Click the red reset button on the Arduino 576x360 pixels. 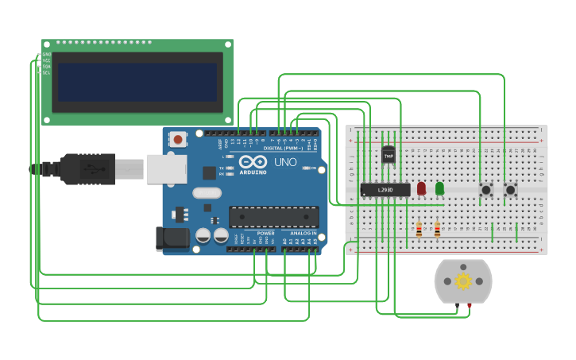click(178, 139)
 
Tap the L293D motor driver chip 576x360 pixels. click(385, 190)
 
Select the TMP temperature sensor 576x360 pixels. click(389, 155)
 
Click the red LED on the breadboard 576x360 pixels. click(421, 188)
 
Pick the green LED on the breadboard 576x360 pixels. click(439, 188)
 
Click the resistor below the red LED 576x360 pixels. click(419, 229)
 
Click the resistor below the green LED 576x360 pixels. click(437, 229)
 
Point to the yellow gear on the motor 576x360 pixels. click(463, 281)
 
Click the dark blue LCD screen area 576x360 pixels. click(137, 82)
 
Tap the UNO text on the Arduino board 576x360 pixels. click(285, 161)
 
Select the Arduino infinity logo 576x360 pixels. click(253, 161)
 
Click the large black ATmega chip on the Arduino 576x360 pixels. click(274, 217)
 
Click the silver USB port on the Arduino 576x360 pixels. click(166, 169)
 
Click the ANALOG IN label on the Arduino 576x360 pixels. click(303, 234)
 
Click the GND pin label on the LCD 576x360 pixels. click(46, 54)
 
